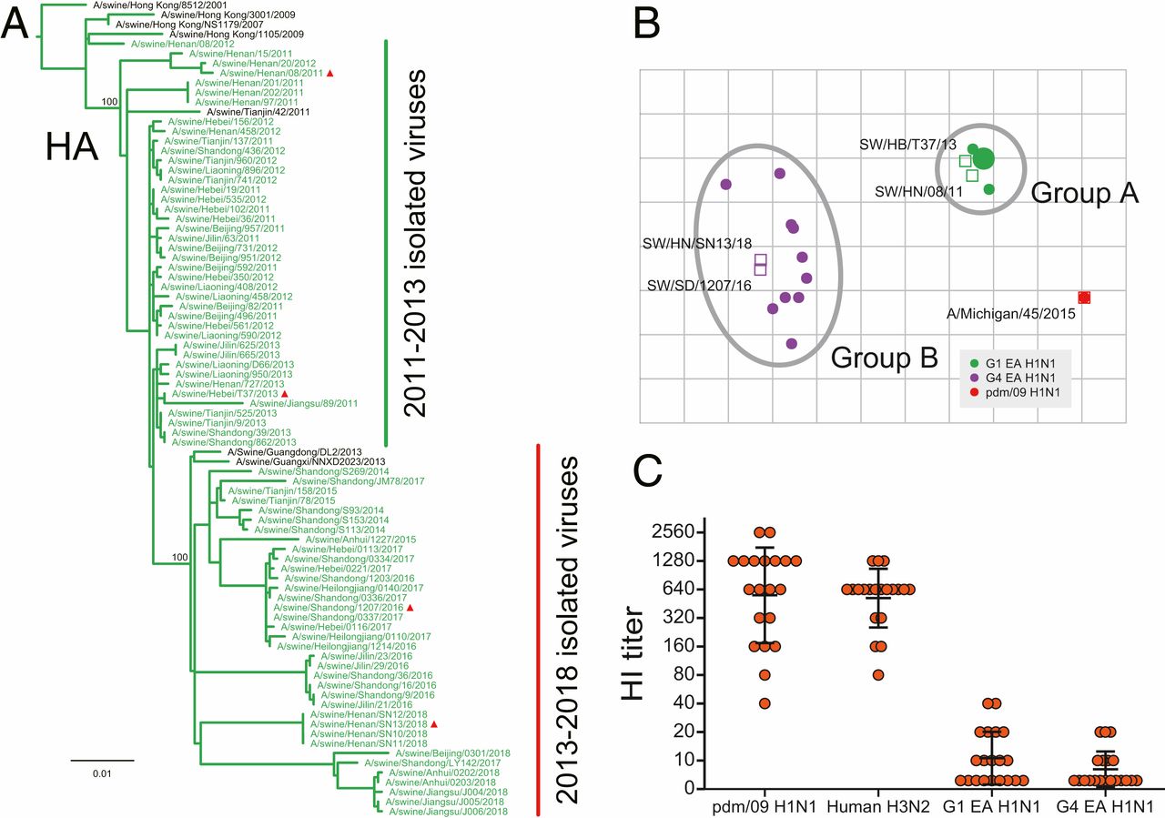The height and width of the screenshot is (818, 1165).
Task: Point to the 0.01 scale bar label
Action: click(x=102, y=773)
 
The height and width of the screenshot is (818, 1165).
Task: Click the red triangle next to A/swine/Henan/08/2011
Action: click(x=331, y=73)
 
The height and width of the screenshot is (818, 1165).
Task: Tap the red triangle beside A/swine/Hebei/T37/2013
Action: click(x=285, y=393)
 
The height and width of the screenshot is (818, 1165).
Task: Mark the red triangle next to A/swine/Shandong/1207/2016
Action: click(x=410, y=607)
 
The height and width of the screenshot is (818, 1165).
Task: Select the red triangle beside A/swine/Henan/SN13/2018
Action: click(x=435, y=724)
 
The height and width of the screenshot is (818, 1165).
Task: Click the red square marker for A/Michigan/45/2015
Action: click(x=1084, y=298)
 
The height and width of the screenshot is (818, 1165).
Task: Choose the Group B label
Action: click(x=885, y=358)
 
